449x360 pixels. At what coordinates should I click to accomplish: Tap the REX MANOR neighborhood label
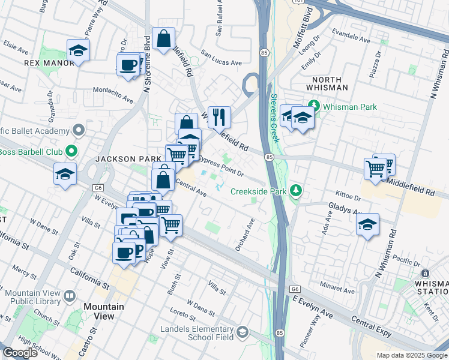[44, 62]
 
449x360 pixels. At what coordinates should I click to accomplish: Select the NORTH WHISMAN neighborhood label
[326, 83]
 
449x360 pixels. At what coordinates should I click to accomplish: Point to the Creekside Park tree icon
[295, 191]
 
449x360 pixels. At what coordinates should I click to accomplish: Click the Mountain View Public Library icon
[70, 296]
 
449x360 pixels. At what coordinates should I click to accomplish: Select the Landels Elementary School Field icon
[242, 332]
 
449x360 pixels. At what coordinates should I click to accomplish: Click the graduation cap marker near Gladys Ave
[367, 224]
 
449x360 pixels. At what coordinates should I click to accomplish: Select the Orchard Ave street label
[246, 234]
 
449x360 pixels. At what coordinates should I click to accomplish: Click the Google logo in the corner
[20, 353]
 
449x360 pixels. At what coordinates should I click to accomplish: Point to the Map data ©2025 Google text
[411, 355]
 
